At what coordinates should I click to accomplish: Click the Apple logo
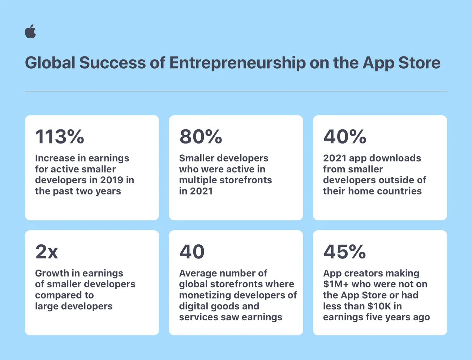30,31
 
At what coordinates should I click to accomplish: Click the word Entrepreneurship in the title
237,63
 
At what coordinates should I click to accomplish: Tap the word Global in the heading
50,63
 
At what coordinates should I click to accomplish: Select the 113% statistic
60,136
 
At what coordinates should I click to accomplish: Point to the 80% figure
201,136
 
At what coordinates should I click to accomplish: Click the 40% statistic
345,136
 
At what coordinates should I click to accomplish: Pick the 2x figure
47,252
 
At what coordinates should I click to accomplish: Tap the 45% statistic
344,252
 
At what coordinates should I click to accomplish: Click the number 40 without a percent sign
192,252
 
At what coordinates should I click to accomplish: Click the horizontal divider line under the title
236,91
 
